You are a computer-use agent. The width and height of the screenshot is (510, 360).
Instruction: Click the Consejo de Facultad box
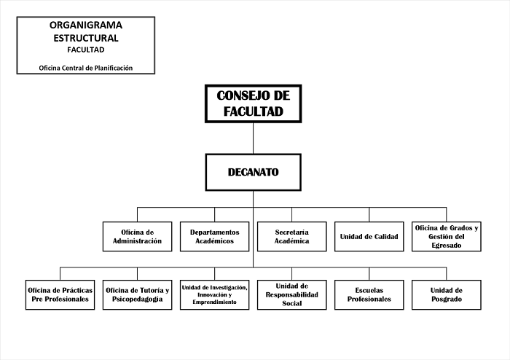[x=253, y=103]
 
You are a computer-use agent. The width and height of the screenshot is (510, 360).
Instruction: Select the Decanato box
[x=253, y=172]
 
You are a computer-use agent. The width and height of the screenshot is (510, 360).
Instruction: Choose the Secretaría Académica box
[x=291, y=236]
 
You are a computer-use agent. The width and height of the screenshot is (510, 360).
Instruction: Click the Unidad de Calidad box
[x=369, y=236]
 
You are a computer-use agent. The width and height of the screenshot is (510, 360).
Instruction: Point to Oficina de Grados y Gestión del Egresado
[x=447, y=236]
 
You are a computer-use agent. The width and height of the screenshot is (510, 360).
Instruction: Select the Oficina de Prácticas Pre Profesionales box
[x=60, y=294]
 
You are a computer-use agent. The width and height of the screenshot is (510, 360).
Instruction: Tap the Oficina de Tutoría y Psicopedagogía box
[x=138, y=294]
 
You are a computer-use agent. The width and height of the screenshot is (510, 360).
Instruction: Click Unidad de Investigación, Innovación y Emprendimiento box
[x=214, y=294]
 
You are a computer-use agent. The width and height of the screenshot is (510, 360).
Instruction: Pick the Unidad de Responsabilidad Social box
[x=291, y=294]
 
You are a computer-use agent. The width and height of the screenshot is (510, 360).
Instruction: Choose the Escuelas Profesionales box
[x=369, y=294]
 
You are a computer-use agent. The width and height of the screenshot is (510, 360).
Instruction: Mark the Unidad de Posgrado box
[x=447, y=294]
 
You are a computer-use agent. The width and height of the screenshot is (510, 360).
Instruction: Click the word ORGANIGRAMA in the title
[x=86, y=25]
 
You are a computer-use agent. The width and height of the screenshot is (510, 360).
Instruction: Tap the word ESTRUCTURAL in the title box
[x=86, y=37]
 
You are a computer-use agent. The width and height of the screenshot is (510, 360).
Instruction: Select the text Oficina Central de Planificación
[x=86, y=68]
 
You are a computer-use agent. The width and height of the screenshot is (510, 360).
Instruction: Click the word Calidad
[x=385, y=236]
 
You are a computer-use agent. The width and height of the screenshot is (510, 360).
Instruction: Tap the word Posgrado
[x=447, y=300]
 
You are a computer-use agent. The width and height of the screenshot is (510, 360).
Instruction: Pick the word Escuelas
[x=369, y=289]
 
